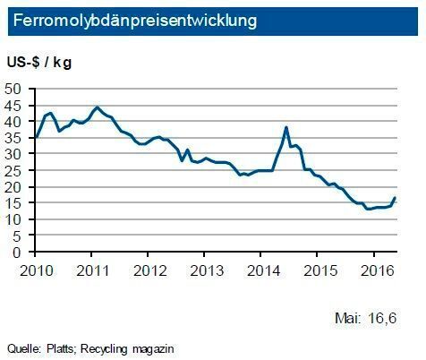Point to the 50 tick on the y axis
(15, 89)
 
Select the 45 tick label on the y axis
(15, 105)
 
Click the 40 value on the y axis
(15, 122)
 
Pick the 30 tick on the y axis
(15, 154)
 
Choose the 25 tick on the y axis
(15, 170)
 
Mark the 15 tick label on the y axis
(15, 203)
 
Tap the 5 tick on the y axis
(19, 236)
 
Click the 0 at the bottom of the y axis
(19, 252)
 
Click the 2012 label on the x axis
(149, 269)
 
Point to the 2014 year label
(261, 269)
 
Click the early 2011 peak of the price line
(97, 107)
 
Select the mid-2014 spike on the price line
(285, 127)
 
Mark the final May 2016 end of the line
(396, 198)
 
